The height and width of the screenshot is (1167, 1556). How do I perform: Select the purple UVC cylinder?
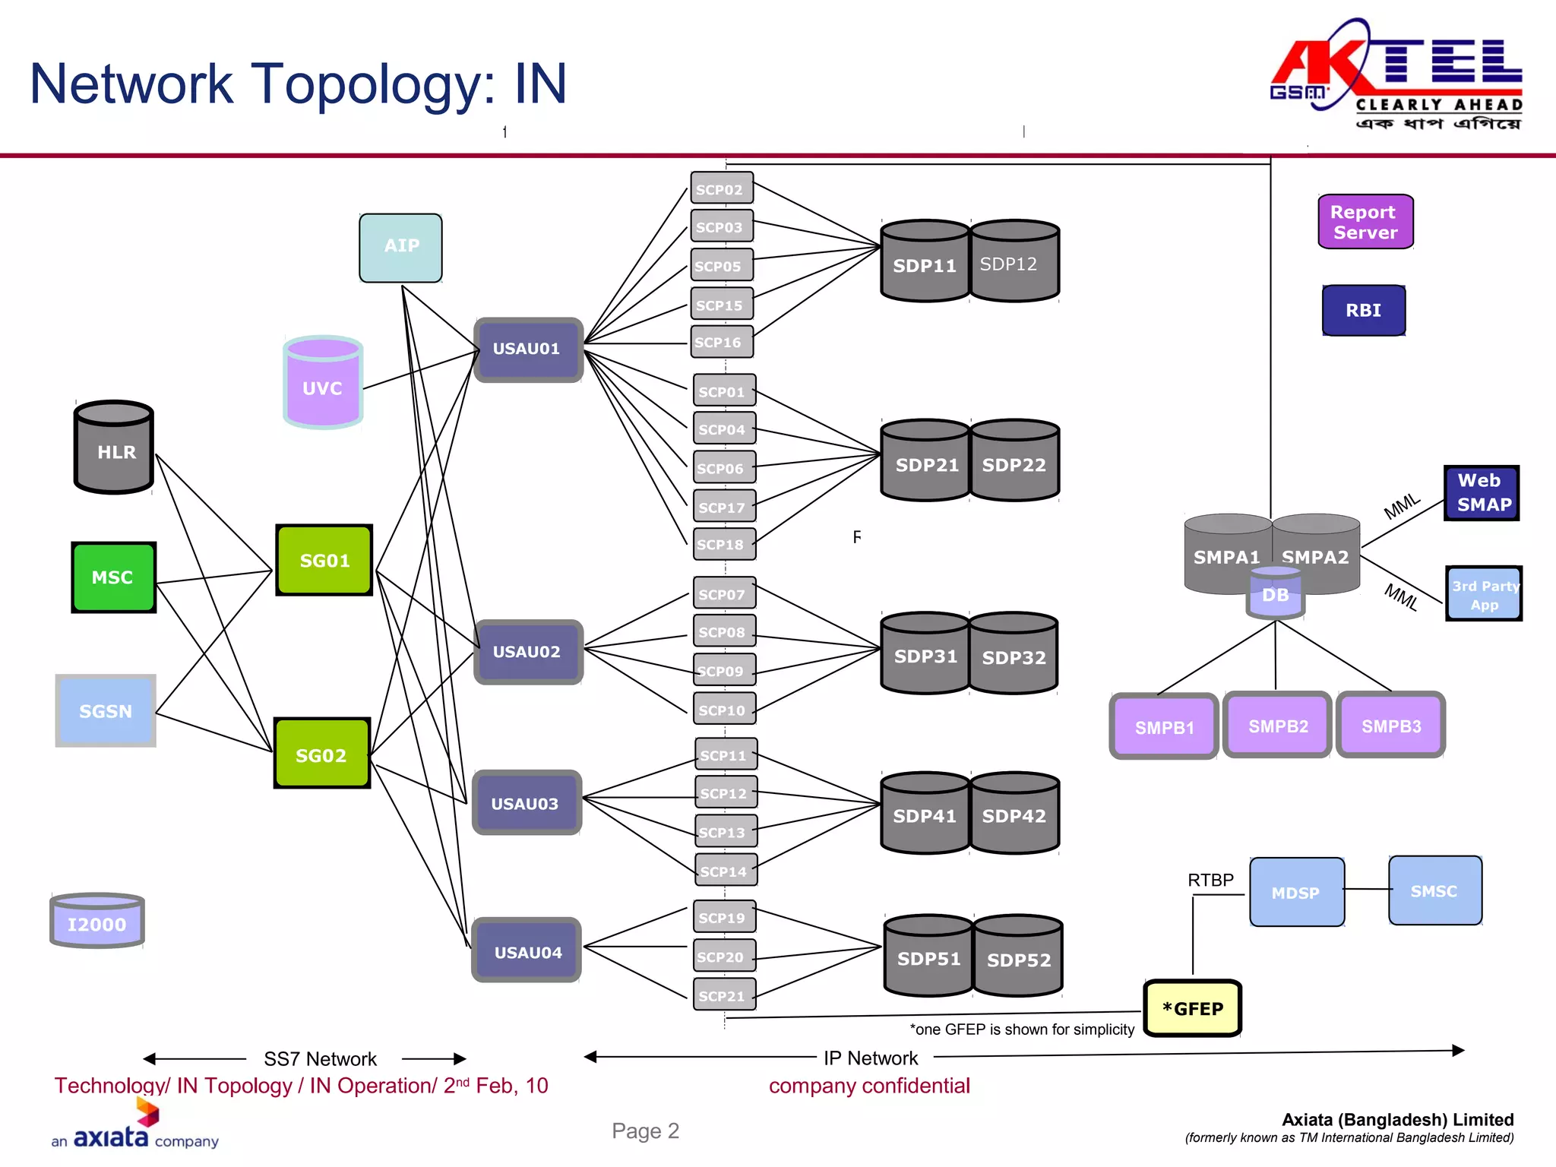323,384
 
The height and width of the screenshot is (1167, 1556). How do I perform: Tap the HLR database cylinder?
114,448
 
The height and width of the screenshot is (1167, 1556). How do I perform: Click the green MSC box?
113,577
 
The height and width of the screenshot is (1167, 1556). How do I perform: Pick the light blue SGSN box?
106,711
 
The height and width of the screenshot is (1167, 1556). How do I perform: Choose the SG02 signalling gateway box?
322,754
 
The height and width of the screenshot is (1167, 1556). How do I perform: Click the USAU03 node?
527,803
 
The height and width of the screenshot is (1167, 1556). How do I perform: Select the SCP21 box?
724,995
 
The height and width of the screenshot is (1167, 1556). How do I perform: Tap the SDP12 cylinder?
1014,264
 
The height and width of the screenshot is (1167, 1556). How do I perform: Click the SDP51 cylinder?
928,959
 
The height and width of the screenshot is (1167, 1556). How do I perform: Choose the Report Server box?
1365,222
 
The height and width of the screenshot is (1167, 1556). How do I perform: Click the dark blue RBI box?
1363,310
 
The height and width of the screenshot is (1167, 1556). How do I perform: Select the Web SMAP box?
1481,493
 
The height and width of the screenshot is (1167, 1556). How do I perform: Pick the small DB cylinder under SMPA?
1276,594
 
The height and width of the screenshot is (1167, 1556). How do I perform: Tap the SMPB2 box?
1277,726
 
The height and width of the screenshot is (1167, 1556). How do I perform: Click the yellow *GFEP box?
1192,1008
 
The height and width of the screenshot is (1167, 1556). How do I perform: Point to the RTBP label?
1210,880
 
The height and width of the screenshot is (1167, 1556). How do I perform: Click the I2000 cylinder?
97,922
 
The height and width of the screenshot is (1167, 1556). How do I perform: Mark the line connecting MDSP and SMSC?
1366,889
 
